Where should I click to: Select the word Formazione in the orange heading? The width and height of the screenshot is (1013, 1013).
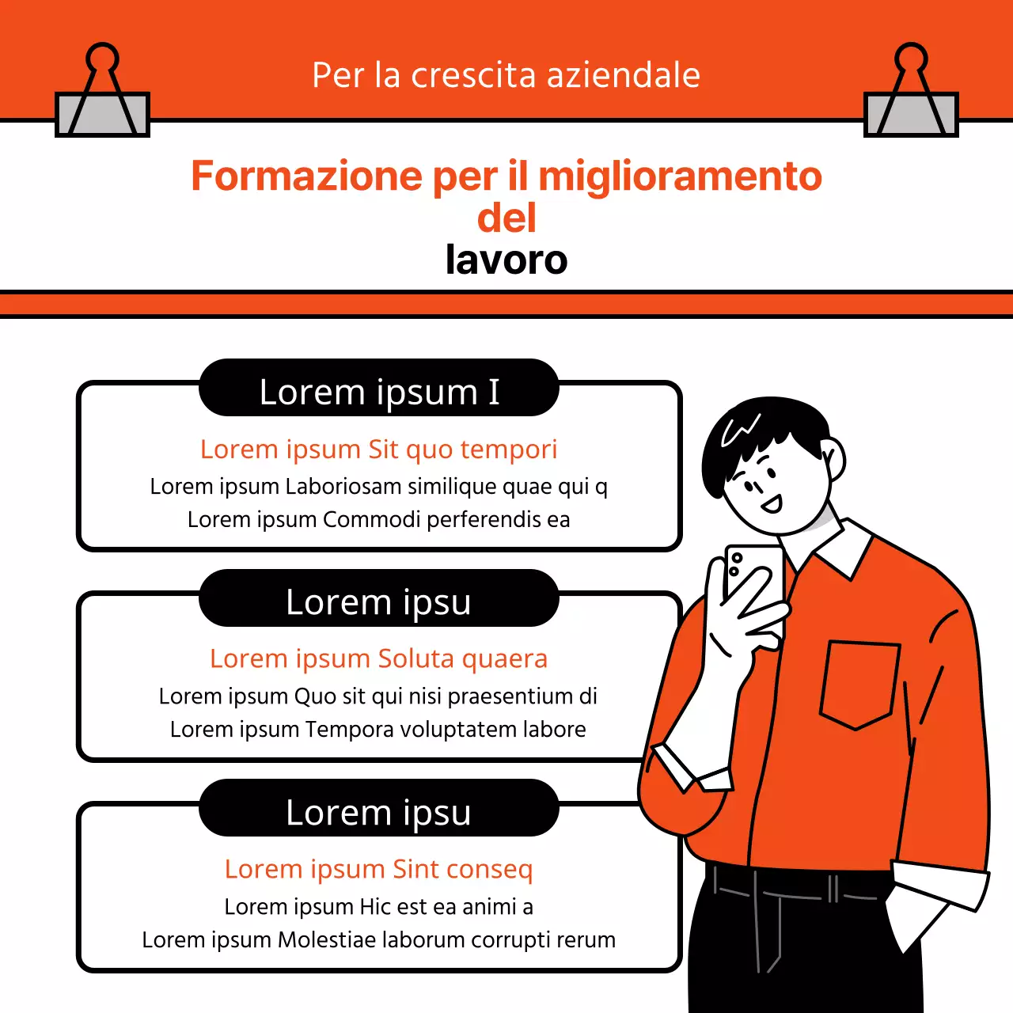[306, 176]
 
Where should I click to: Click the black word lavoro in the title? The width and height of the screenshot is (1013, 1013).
[506, 260]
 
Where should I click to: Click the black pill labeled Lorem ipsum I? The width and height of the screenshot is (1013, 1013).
[379, 390]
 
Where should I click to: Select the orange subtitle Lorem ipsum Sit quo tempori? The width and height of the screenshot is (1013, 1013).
[379, 449]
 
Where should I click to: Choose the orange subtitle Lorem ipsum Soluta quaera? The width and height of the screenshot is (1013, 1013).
[379, 658]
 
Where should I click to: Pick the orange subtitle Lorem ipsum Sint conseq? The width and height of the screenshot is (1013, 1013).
[379, 868]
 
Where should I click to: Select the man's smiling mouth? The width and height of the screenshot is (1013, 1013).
[772, 503]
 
